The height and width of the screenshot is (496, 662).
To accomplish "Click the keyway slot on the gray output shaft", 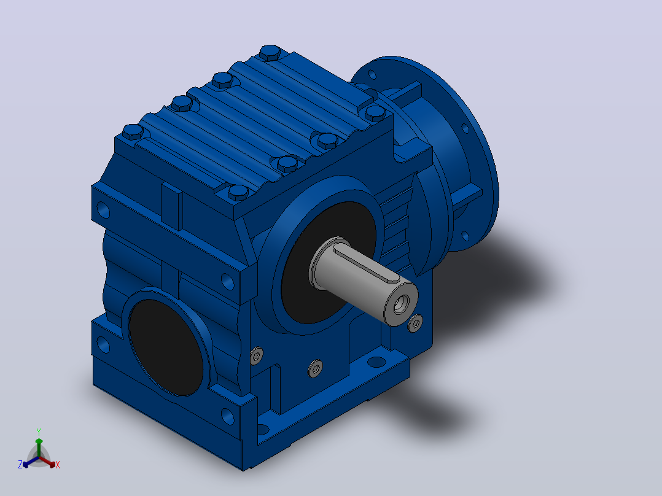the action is coord(367,264).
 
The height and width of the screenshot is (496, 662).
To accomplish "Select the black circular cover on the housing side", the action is coord(166,347).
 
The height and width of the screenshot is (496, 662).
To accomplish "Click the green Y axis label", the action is coord(39,432).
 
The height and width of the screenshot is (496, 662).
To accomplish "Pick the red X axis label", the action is coord(58,465).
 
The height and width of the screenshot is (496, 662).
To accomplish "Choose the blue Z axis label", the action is coord(20,465).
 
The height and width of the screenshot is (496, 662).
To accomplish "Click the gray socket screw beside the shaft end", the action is coord(415,324).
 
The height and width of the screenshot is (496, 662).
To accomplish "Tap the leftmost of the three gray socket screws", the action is coord(256,356).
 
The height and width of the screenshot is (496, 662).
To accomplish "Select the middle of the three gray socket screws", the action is coord(316,368).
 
